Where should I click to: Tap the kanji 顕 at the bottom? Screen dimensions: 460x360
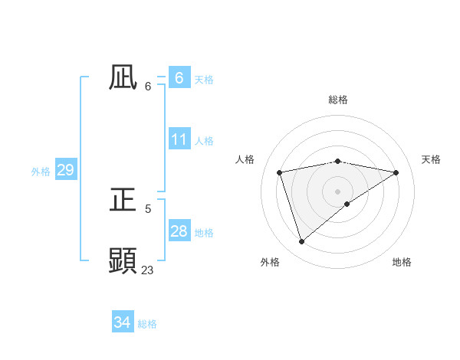pyautogui.click(x=123, y=260)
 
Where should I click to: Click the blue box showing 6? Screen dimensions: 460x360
pyautogui.click(x=179, y=78)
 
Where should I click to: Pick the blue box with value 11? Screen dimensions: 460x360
pyautogui.click(x=179, y=140)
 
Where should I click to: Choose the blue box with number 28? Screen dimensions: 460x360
pyautogui.click(x=179, y=231)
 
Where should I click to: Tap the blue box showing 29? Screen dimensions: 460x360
pyautogui.click(x=65, y=170)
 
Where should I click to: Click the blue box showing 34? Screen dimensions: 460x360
pyautogui.click(x=122, y=323)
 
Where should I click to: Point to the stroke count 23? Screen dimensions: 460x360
pyautogui.click(x=148, y=270)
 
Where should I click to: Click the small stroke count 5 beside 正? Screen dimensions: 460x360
pyautogui.click(x=148, y=208)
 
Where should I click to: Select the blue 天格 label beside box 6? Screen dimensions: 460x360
pyautogui.click(x=204, y=80)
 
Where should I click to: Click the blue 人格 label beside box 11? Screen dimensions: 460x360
pyautogui.click(x=204, y=141)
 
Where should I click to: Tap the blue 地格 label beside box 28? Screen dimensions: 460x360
pyautogui.click(x=204, y=233)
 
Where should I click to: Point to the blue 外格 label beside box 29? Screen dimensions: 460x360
pyautogui.click(x=41, y=172)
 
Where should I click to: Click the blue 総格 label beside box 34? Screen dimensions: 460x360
pyautogui.click(x=147, y=324)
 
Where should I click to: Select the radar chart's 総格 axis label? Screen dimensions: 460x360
pyautogui.click(x=337, y=100)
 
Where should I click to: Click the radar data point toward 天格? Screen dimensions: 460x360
pyautogui.click(x=396, y=172)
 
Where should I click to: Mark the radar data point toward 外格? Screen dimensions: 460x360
pyautogui.click(x=301, y=241)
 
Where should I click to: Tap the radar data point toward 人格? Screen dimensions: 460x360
pyautogui.click(x=280, y=172)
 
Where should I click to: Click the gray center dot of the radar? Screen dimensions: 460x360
pyautogui.click(x=337, y=191)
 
